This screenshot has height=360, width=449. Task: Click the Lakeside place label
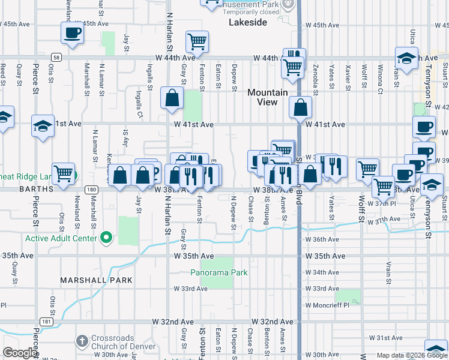(248, 22)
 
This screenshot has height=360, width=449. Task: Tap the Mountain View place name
(268, 97)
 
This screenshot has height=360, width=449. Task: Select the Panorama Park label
(218, 272)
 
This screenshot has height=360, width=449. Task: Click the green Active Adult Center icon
(106, 238)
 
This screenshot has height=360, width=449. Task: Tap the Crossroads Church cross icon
(82, 341)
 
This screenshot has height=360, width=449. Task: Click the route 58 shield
(55, 57)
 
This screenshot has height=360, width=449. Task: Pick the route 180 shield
(91, 190)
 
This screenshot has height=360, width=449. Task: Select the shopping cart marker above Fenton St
(197, 42)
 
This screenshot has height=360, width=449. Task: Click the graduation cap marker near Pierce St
(43, 127)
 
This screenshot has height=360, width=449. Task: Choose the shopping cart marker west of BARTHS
(63, 174)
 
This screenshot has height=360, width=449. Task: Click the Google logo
(20, 353)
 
